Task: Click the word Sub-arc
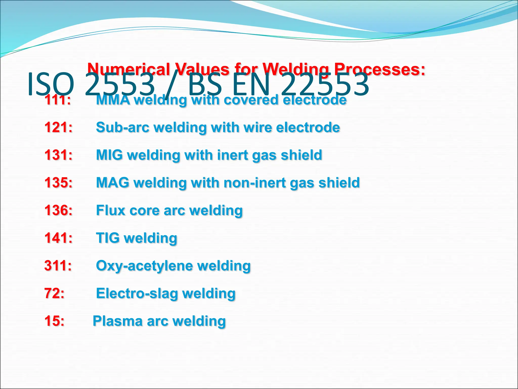click(x=123, y=127)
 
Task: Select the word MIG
click(x=109, y=155)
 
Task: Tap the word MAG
click(x=112, y=182)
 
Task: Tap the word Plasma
click(x=117, y=321)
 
